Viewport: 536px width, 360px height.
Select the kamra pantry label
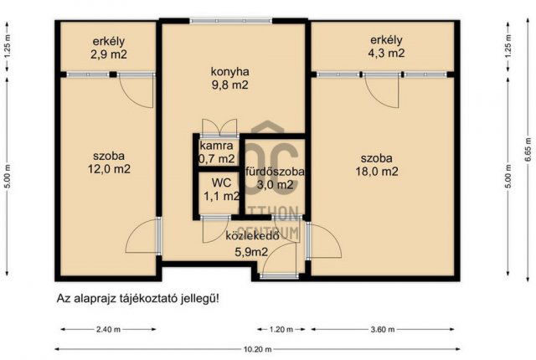pos(216,145)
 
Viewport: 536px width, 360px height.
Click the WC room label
pos(221,182)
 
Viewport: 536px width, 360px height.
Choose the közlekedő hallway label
pos(251,235)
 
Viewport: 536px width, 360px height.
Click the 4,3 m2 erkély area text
pos(387,54)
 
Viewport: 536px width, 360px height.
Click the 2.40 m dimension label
pos(109,329)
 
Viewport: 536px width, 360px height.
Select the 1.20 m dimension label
pos(282,329)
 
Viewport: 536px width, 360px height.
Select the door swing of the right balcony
pos(382,90)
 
